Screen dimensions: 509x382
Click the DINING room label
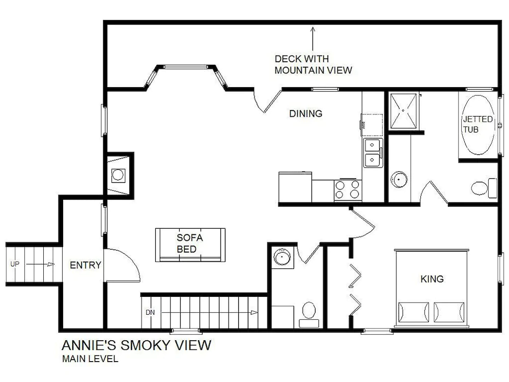(x=305, y=114)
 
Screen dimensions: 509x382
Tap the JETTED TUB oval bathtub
(x=478, y=125)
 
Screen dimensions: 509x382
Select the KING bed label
(x=432, y=279)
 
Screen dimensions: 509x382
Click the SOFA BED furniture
(x=190, y=245)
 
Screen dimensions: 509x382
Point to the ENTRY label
(x=86, y=265)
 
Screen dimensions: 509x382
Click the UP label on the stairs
(x=15, y=264)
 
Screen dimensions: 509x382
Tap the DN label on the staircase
(x=150, y=313)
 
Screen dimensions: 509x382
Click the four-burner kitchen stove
(x=347, y=189)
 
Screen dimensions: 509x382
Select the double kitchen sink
(x=373, y=153)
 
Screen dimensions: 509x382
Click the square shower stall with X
(x=403, y=111)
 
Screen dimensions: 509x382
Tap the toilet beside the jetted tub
(x=484, y=188)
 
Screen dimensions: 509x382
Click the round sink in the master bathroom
(x=399, y=179)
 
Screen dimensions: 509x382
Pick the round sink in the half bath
(x=282, y=257)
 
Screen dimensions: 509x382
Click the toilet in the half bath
(x=309, y=314)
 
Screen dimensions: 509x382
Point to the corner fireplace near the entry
(x=118, y=175)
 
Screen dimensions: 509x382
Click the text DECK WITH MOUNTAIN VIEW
(x=313, y=64)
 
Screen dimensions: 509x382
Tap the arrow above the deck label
(x=313, y=39)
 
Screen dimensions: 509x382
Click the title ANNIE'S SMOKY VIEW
(x=136, y=345)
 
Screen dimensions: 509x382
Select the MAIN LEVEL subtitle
(x=90, y=359)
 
